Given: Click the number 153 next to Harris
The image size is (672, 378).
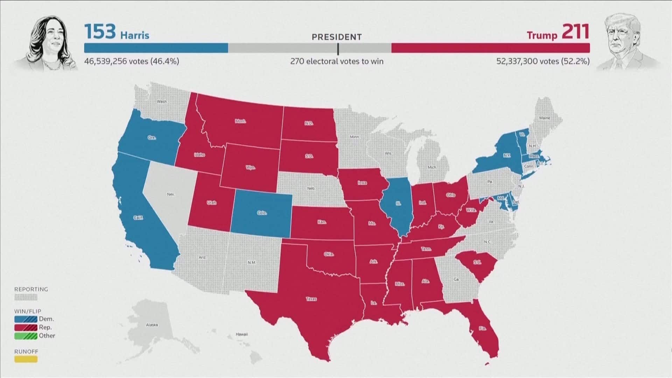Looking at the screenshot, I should click(100, 32).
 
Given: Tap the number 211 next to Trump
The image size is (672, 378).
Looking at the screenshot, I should click(575, 32).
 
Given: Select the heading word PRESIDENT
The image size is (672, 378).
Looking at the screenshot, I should click(337, 37).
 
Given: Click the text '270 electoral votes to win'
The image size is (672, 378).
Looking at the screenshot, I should click(337, 62).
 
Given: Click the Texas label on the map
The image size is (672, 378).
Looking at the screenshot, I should click(311, 299).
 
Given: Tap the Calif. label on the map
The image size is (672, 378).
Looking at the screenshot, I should click(138, 218).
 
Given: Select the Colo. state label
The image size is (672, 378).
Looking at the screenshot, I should click(262, 213).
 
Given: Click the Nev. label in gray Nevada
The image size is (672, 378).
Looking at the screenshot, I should click(170, 194).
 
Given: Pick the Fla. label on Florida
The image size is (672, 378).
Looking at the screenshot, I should click(483, 329).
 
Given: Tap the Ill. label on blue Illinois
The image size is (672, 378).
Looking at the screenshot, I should click(398, 203).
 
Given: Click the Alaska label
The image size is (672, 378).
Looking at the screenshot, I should click(152, 325).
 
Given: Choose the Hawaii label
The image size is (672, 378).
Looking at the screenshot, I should click(241, 334).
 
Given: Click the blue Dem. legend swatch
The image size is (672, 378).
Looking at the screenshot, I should click(26, 319).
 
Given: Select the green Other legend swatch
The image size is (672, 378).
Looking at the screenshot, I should click(26, 336).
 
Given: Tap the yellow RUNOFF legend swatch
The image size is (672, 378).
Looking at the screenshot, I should click(26, 359).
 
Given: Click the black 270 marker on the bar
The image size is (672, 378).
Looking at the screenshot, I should click(338, 49).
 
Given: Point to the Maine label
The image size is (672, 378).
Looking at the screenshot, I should click(544, 118).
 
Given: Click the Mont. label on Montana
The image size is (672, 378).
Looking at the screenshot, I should click(240, 121).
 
